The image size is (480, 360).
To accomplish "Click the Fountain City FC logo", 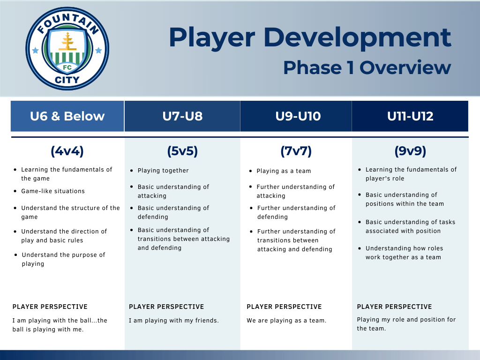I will pyautogui.click(x=67, y=49).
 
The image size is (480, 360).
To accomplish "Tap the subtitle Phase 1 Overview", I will pyautogui.click(x=367, y=67).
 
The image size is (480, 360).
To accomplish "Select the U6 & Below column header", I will pyautogui.click(x=67, y=116).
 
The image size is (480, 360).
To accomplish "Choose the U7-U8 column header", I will pyautogui.click(x=182, y=116).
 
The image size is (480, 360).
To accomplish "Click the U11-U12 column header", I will pyautogui.click(x=410, y=116).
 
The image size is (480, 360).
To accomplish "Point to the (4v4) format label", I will pyautogui.click(x=67, y=151).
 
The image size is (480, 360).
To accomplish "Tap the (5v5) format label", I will pyautogui.click(x=182, y=151).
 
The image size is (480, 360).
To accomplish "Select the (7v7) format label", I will pyautogui.click(x=296, y=151).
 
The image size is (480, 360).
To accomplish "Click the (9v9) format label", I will pyautogui.click(x=410, y=151).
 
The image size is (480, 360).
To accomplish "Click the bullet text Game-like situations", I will pyautogui.click(x=53, y=191).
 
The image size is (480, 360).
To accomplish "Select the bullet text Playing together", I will pyautogui.click(x=163, y=171).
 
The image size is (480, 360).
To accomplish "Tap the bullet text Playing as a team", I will pyautogui.click(x=284, y=171).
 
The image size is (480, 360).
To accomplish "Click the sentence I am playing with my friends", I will pyautogui.click(x=174, y=321).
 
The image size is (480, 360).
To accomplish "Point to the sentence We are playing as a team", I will pyautogui.click(x=286, y=321).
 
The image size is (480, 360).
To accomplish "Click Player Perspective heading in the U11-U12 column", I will pyautogui.click(x=394, y=307).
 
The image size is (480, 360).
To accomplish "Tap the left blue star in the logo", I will pyautogui.click(x=35, y=50).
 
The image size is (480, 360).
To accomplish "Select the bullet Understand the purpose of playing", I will pyautogui.click(x=63, y=259).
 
